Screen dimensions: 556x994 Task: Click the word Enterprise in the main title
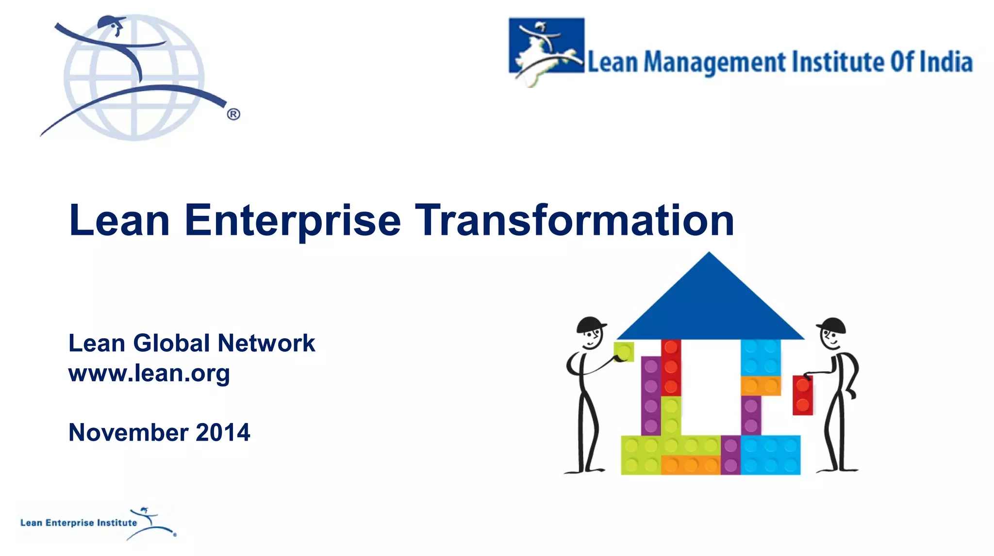click(292, 221)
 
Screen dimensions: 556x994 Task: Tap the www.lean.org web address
click(149, 373)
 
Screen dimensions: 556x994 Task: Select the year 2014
click(223, 432)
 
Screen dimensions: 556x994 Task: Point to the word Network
click(266, 343)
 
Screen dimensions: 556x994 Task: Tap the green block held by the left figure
click(624, 352)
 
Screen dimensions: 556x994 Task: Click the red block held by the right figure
click(802, 395)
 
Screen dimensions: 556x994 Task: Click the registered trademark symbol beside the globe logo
click(233, 114)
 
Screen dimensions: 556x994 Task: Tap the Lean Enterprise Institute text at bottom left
click(79, 523)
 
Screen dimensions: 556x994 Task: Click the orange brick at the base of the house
click(690, 465)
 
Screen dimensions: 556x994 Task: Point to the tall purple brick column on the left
click(650, 395)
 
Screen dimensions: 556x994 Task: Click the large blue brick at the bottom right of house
click(770, 455)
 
